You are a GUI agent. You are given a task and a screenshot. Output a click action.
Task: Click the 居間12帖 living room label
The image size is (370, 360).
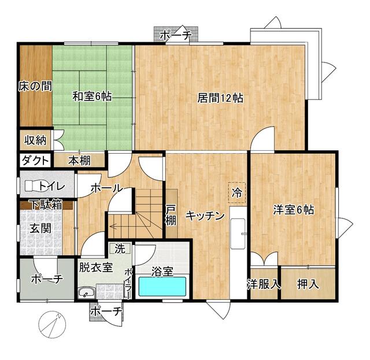click(220, 98)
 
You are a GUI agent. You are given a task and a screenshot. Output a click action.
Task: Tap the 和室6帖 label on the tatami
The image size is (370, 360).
click(92, 97)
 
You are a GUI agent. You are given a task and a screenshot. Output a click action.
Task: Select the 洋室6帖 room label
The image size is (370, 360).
click(294, 210)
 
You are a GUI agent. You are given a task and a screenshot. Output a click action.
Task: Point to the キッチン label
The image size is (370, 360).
click(205, 216)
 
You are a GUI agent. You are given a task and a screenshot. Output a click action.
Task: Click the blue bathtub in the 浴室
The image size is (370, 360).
click(162, 287)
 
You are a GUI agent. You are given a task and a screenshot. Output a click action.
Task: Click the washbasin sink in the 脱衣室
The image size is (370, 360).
click(87, 293)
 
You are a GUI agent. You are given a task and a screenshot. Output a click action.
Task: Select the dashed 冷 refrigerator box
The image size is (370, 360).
click(236, 192)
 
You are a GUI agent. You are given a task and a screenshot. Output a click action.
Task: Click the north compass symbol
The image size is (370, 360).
click(52, 325)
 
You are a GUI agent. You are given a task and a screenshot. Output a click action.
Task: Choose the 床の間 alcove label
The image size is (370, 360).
click(35, 86)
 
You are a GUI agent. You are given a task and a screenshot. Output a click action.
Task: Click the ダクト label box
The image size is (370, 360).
click(35, 161)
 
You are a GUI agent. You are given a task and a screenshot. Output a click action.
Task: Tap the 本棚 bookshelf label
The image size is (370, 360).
click(79, 161)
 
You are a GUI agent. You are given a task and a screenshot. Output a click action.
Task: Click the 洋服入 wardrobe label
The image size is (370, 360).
click(264, 284)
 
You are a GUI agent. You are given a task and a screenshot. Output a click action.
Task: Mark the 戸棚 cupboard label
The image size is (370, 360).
click(171, 215)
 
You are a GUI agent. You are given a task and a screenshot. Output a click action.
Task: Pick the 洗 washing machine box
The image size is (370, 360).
click(120, 248)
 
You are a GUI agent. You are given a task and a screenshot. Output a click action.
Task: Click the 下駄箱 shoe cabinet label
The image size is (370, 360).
click(46, 205)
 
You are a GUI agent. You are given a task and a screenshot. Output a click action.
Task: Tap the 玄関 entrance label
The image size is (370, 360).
click(40, 228)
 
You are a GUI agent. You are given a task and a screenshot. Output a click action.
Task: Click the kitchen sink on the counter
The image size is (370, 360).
click(238, 233)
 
